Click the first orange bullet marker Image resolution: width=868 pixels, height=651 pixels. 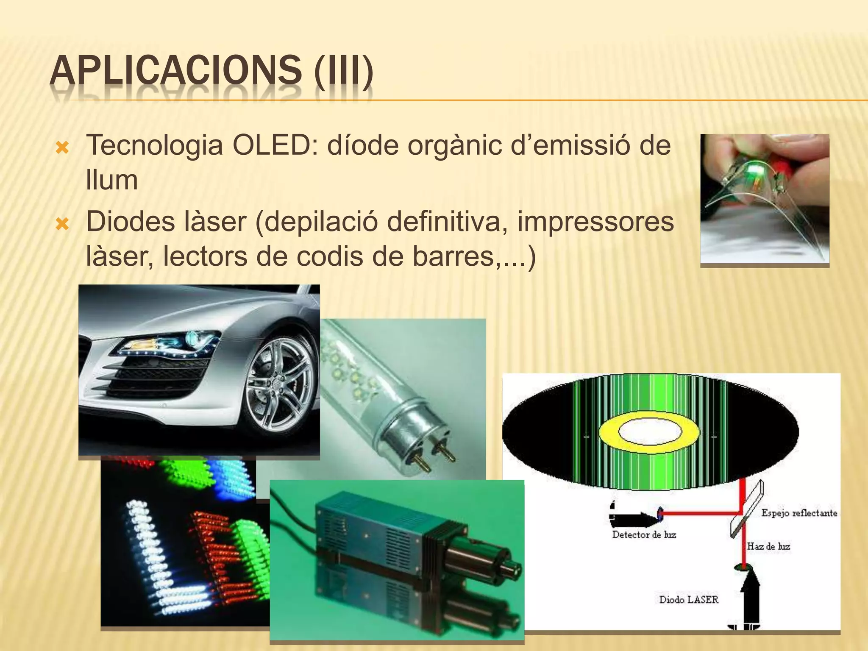pos(62,148)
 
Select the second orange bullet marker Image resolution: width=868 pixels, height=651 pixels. pos(62,223)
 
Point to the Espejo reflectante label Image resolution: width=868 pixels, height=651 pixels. pos(799,513)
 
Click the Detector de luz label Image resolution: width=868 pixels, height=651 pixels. pos(644,535)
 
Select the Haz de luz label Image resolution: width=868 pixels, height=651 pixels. pos(768,546)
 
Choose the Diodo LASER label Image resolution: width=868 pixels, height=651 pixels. pos(689,600)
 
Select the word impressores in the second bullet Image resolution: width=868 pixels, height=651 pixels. pos(595,221)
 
